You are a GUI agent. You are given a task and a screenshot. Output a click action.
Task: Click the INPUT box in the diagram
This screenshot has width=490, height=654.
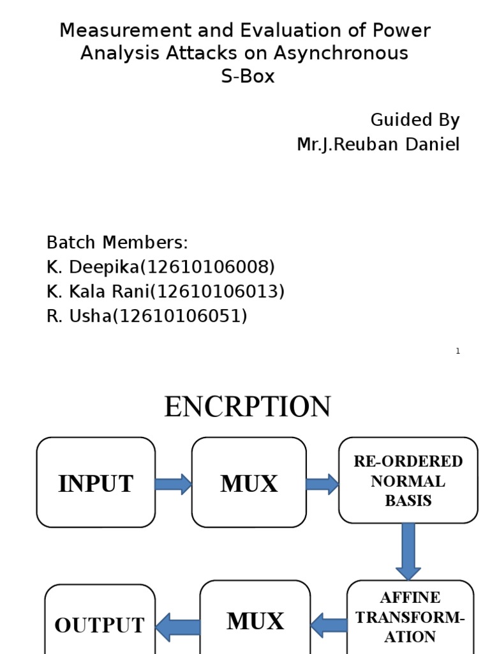coord(96,482)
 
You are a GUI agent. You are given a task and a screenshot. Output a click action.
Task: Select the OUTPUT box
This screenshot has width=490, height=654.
coord(100,623)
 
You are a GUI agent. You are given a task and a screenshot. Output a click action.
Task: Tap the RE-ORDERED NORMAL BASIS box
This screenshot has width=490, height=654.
coord(408,480)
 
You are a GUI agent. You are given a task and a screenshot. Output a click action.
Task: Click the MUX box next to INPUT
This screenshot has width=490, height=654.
coord(249,482)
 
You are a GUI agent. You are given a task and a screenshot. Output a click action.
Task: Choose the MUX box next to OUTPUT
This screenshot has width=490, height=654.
coord(255,620)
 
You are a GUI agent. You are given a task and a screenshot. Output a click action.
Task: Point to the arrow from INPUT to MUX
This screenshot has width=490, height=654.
coord(173,484)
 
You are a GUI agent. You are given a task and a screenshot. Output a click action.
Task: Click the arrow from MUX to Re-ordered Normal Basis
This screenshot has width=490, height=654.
coord(322,484)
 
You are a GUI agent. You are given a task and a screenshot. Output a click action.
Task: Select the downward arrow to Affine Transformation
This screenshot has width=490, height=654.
coord(408,551)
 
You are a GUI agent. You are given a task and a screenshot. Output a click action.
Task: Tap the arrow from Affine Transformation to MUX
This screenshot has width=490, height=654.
coord(329,625)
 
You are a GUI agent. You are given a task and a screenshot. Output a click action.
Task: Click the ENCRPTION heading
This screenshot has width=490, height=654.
coord(248,407)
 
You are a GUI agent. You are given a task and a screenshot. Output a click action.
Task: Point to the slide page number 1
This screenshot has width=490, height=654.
coord(458,351)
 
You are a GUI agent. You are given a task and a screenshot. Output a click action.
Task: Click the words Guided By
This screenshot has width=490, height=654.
coord(415,120)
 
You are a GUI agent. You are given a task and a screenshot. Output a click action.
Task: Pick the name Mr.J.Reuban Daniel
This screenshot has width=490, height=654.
coord(378,144)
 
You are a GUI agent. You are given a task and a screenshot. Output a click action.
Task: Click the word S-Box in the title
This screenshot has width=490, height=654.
coord(245,77)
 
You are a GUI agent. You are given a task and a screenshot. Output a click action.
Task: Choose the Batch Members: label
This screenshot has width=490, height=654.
coord(117,243)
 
